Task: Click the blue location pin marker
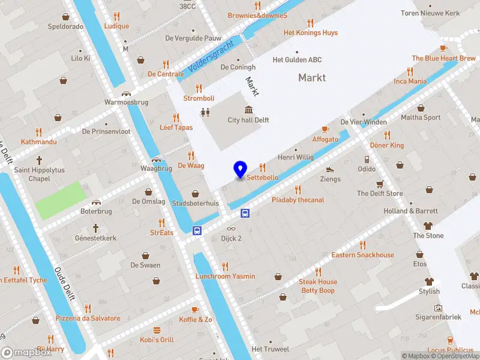tap(240, 170)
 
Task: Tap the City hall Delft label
tap(248, 120)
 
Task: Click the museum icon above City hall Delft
tap(248, 109)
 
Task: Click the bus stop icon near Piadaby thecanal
tap(245, 213)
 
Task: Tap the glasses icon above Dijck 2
tap(231, 228)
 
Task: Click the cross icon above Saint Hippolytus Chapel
tap(40, 160)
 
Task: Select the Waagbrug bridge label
tap(156, 169)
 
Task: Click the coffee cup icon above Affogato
tap(325, 129)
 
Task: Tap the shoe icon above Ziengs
tap(330, 169)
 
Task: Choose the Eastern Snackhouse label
tap(362, 255)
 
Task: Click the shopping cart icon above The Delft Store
tap(380, 184)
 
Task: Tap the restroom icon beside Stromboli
tap(206, 112)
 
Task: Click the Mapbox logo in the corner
tap(26, 353)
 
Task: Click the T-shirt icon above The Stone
tap(428, 226)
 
